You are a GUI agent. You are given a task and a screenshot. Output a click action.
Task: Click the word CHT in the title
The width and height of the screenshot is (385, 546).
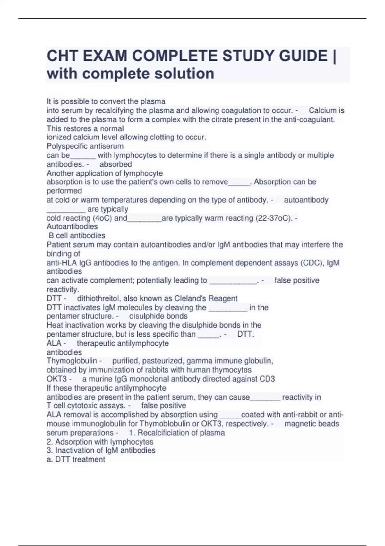point(62,56)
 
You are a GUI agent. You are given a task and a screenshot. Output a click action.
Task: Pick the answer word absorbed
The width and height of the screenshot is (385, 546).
point(116,164)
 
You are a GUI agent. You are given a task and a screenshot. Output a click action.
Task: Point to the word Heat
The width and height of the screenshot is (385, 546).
point(55,325)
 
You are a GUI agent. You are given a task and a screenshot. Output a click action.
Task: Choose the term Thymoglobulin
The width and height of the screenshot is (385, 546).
point(72,361)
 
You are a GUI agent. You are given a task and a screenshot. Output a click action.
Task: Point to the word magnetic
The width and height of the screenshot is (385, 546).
point(298,424)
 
